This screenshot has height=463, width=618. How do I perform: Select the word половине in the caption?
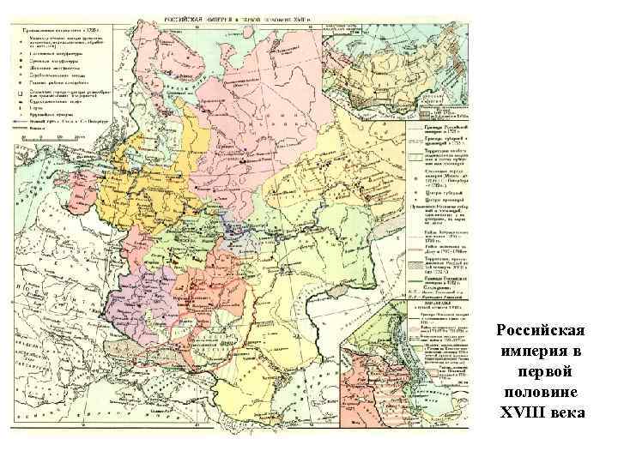pyautogui.click(x=542, y=394)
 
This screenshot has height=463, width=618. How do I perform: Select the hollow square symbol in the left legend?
pyautogui.click(x=18, y=90)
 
